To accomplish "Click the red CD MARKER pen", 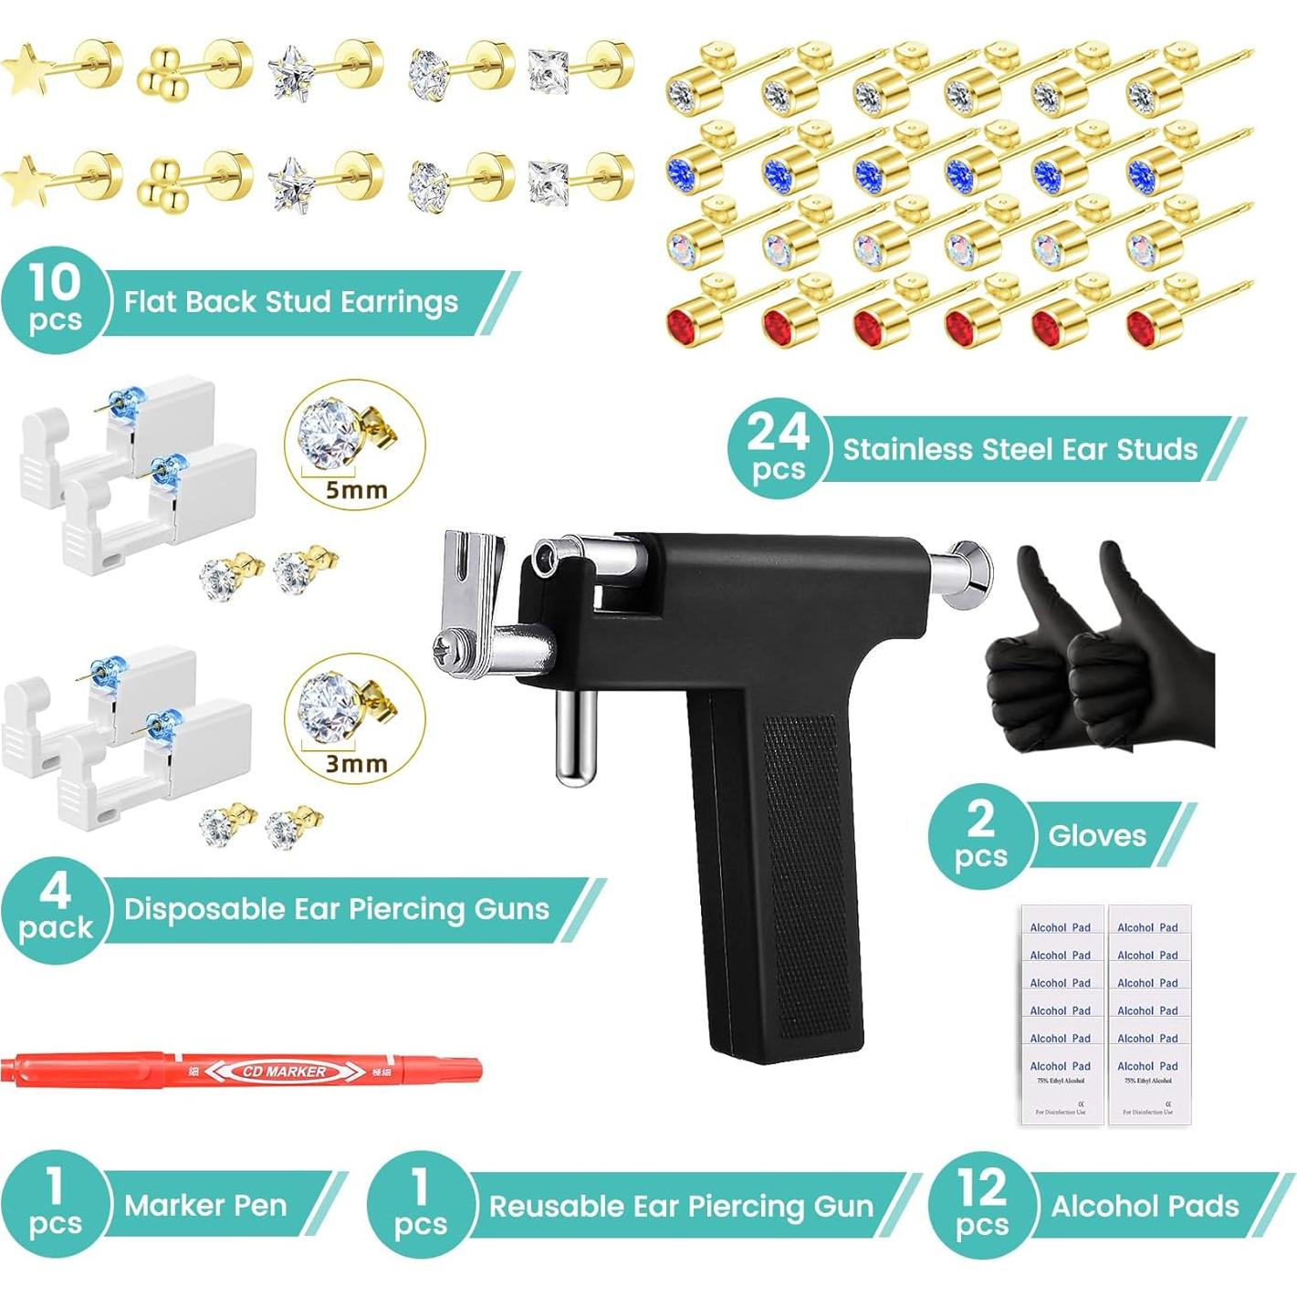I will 242,1070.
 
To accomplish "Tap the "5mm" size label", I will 357,490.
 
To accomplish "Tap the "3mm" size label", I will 357,763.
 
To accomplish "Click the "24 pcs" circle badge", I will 779,448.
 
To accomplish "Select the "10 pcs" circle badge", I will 55,300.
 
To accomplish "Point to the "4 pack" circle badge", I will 55,909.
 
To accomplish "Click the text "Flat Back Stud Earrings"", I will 291,302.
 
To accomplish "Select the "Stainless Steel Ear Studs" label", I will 1020,449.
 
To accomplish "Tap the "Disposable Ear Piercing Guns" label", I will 336,909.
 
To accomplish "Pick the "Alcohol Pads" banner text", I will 1145,1207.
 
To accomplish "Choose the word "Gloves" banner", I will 1097,835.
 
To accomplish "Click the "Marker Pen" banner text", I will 205,1206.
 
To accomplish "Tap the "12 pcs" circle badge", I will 982,1205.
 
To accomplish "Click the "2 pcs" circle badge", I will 981,835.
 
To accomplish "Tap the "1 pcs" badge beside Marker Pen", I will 55,1205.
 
